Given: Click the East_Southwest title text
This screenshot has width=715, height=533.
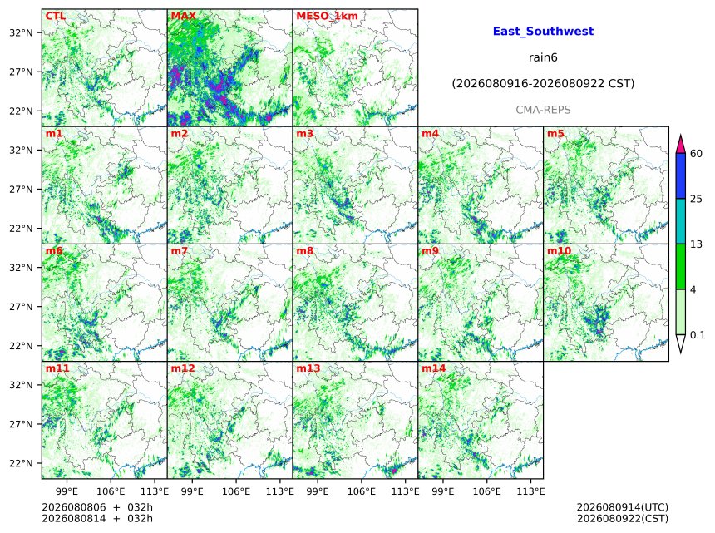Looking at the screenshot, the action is coord(543,32).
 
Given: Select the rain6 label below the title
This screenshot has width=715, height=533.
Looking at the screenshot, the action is coord(543,57).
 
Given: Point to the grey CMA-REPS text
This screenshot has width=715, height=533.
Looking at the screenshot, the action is coord(543,110).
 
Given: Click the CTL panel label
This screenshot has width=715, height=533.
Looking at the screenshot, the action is coord(55,16).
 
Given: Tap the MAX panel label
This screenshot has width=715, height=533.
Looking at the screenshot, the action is coord(183,16).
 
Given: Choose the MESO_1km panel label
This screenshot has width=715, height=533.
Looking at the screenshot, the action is coord(327,16).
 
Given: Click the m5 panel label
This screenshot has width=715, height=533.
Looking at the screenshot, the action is coord(555,134).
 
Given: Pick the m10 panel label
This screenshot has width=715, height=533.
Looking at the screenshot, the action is coord(559,251).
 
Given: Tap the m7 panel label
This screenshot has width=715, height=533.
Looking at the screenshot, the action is coord(180,251).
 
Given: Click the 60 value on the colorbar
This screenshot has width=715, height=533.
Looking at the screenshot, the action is coord(696,154).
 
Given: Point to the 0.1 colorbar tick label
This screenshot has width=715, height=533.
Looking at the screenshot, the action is coord(698,335).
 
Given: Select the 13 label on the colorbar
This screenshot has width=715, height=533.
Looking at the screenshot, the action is coord(696,244).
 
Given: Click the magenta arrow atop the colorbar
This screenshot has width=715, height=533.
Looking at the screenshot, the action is coord(681,144).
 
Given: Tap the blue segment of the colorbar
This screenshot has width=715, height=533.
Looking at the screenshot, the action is coord(681,176).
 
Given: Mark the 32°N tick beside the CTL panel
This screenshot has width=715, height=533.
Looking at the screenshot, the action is coord(21,32).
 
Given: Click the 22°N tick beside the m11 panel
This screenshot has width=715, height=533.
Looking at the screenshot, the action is coord(21,463).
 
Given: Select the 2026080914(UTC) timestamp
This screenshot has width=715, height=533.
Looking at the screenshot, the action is coord(623,507).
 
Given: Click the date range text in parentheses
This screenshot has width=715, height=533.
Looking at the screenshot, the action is coord(543,84).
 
